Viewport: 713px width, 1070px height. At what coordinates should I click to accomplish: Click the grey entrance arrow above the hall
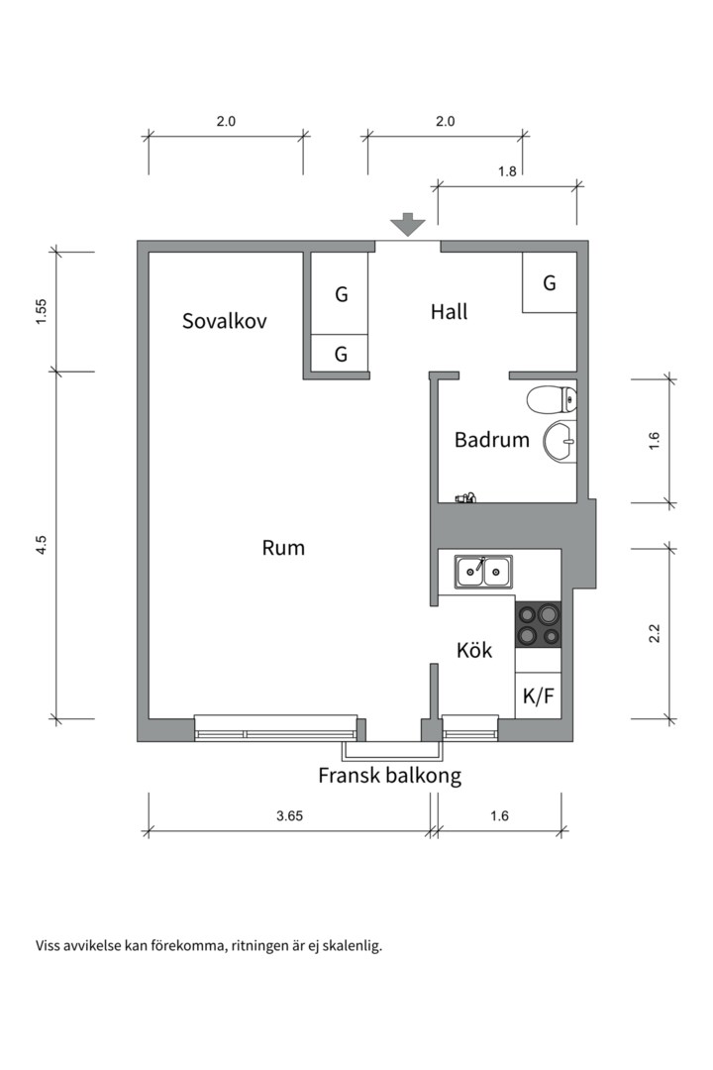(407, 224)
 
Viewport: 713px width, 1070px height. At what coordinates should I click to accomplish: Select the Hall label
(449, 312)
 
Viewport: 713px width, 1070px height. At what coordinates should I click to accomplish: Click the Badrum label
(492, 440)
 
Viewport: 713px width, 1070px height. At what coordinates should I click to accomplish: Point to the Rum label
(283, 548)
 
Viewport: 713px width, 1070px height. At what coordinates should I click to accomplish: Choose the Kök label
(474, 651)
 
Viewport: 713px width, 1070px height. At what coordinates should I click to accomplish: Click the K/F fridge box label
(538, 696)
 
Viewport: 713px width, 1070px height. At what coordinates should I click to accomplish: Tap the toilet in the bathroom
(551, 400)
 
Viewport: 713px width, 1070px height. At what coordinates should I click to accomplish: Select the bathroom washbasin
(560, 439)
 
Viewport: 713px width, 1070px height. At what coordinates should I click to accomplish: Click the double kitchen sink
(483, 571)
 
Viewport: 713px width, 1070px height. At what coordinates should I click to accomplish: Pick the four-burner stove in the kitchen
(538, 624)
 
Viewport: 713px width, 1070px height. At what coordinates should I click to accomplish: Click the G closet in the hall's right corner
(550, 283)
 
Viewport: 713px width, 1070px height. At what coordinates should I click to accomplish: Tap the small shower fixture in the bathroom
(465, 497)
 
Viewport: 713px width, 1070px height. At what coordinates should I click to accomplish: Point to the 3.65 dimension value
(289, 816)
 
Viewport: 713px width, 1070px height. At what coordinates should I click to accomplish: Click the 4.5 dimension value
(42, 546)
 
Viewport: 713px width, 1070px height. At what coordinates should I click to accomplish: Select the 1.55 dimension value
(42, 311)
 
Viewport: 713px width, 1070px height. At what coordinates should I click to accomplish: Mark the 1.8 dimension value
(507, 170)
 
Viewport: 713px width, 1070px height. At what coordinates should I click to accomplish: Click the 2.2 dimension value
(654, 632)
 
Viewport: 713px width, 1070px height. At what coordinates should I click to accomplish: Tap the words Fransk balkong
(389, 776)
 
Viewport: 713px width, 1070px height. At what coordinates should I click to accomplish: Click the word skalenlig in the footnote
(351, 945)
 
